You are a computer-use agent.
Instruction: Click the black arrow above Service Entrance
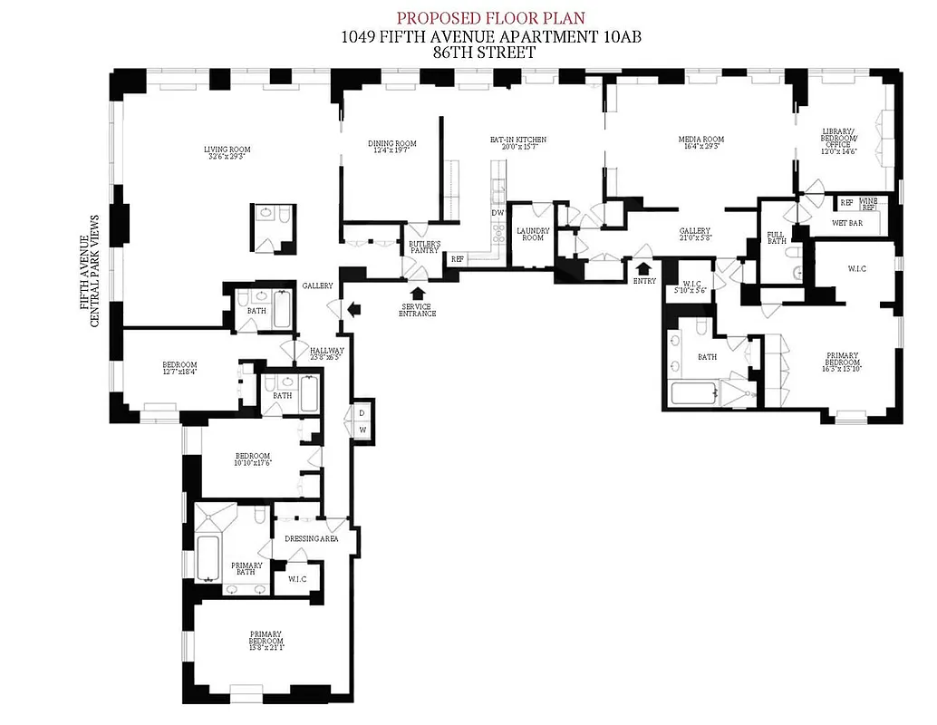[418, 293]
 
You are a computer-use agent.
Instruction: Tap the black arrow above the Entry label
[644, 267]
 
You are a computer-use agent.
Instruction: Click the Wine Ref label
[868, 204]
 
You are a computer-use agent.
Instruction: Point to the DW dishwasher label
[497, 213]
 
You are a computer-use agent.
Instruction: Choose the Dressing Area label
[311, 538]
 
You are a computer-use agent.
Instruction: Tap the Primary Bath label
[246, 568]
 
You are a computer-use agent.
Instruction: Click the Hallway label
[326, 353]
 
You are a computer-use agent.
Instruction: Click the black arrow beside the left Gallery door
[353, 309]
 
